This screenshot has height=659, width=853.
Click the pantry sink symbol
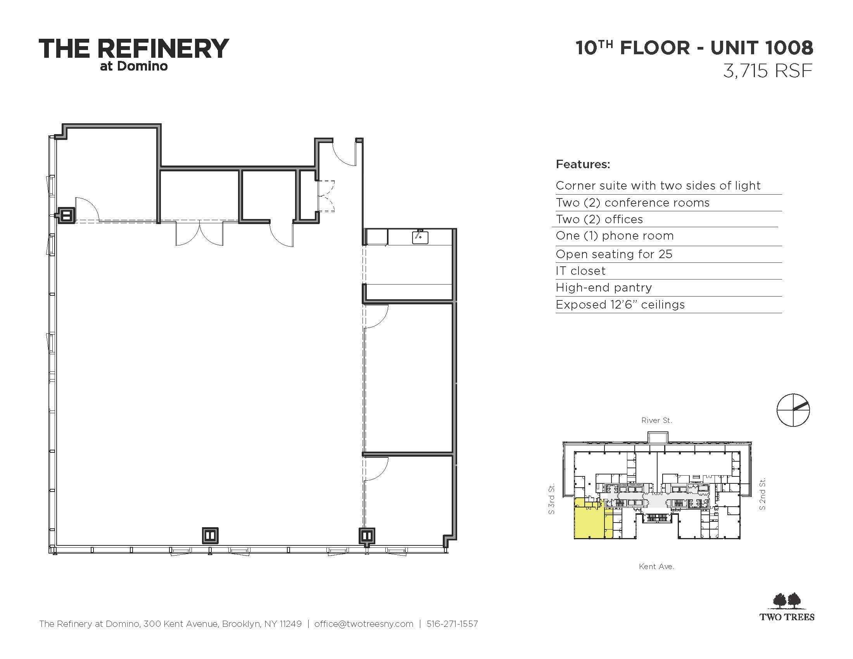click(420, 236)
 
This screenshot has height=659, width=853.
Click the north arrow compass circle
click(793, 410)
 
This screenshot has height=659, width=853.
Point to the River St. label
click(656, 421)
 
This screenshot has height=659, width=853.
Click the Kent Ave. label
click(656, 566)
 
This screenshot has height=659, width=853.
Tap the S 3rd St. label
click(551, 499)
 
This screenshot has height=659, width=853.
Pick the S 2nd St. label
click(762, 494)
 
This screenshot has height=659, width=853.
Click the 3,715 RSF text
click(768, 71)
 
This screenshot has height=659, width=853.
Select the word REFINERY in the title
click(163, 49)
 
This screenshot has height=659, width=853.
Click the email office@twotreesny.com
click(364, 624)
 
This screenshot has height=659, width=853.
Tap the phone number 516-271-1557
click(452, 624)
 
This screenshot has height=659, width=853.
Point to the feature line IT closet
click(580, 271)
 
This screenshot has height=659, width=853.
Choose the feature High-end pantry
click(604, 288)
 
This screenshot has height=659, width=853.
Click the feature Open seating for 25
click(614, 254)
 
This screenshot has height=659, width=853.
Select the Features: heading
click(583, 164)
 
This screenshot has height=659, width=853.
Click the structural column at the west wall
click(66, 215)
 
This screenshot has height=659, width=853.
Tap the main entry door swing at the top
click(344, 153)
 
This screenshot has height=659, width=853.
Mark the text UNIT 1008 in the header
click(761, 48)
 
